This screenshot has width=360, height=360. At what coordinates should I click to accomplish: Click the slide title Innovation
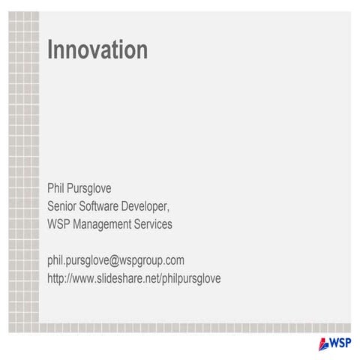point(97,50)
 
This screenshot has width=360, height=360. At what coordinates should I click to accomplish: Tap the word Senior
point(65,206)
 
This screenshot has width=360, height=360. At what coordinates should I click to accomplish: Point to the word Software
point(109,206)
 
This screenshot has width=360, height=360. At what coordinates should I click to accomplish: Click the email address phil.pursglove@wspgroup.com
point(115,261)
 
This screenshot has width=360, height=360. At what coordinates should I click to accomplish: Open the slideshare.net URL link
point(133,279)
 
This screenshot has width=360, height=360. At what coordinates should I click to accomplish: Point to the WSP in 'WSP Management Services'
point(60,224)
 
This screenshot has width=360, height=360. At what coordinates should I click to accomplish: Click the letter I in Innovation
point(50,50)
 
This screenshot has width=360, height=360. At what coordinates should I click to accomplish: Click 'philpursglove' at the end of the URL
point(191,279)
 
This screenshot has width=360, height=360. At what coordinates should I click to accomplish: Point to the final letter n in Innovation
point(142,50)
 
